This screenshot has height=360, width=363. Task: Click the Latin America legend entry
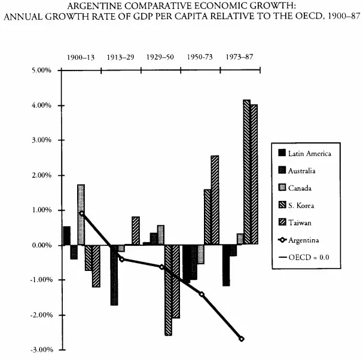coord(309,154)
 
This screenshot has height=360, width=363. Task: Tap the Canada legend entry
coord(301,188)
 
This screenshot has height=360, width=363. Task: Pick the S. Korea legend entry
coord(302,206)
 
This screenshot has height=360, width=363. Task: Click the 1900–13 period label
coord(81,57)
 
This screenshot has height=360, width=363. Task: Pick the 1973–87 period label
coord(240,57)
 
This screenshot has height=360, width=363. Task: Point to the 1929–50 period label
coord(160,57)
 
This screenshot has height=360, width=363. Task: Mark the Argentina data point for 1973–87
coord(242,338)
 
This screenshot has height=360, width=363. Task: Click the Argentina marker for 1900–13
coord(81,213)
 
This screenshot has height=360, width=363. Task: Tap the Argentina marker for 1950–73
coord(202,294)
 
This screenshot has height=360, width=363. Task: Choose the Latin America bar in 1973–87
coord(226,265)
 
